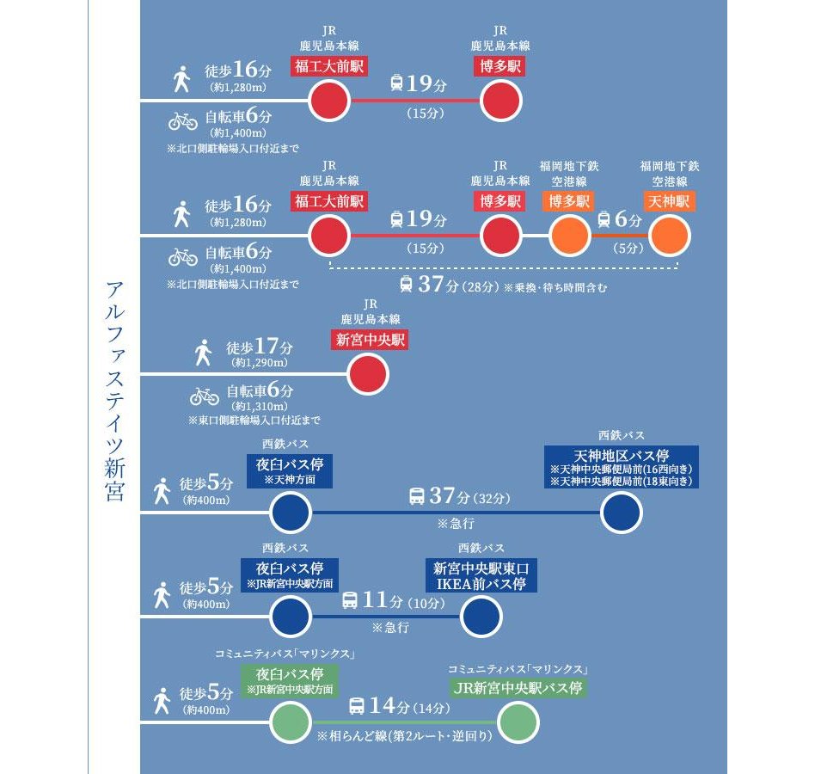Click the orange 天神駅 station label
pos(668,202)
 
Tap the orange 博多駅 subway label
pos(569,202)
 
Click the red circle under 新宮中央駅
pos(368,375)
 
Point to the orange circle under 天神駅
pos(670,236)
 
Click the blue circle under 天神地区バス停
pos(621,513)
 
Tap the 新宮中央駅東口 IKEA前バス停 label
pos(481,574)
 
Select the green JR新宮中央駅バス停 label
pos(518,688)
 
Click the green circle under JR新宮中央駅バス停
pos(518,722)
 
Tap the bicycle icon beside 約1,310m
pos(205,396)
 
